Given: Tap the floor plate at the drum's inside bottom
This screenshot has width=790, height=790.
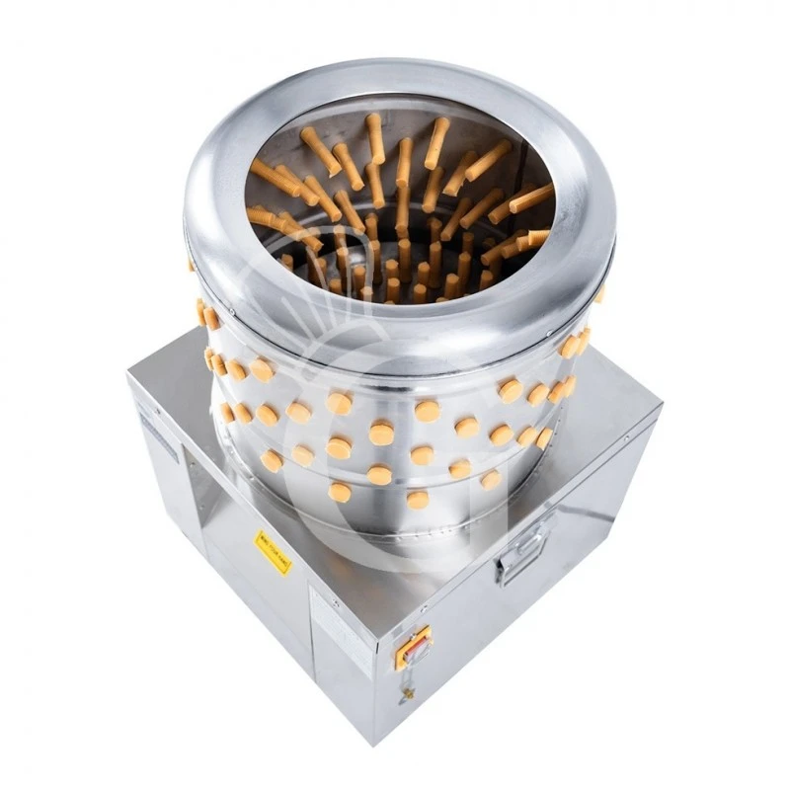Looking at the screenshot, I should point(395,276).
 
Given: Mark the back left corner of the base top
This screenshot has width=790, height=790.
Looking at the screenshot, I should point(129,371).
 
